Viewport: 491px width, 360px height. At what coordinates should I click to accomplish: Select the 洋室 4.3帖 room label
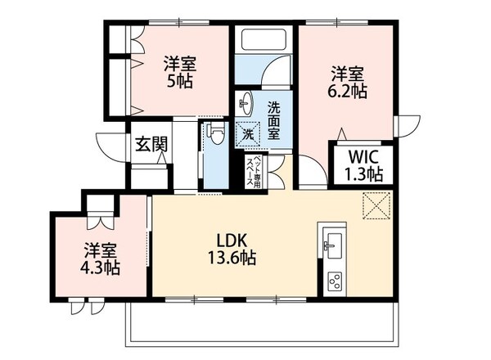[x=100, y=259]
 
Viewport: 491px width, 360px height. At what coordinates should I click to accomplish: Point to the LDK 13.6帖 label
[x=236, y=249]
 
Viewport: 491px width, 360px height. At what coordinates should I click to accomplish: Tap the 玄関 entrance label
[x=151, y=145]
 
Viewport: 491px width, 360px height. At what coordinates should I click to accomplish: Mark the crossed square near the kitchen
[x=376, y=205]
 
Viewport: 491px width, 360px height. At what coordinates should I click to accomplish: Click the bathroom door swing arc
[x=276, y=78]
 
